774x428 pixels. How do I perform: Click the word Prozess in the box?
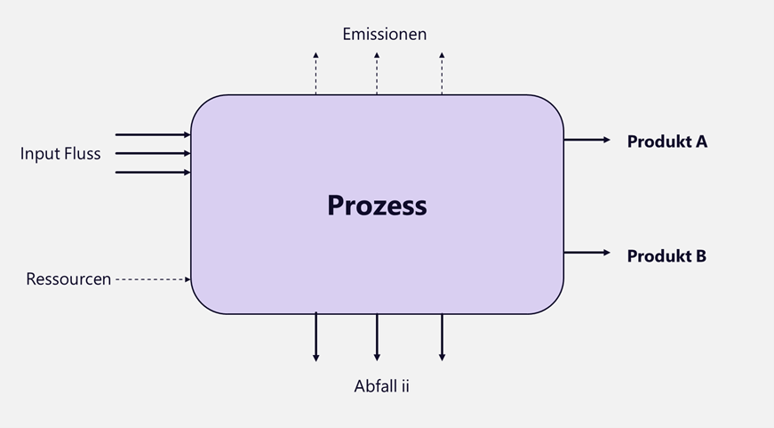point(377,206)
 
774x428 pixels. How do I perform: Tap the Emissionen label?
point(385,34)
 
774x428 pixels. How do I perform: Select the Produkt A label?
point(666,141)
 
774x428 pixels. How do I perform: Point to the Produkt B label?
point(666,256)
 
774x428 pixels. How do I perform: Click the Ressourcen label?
point(68,279)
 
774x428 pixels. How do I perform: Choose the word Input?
point(38,154)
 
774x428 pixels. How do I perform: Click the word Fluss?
point(81,154)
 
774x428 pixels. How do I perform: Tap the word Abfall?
point(374,386)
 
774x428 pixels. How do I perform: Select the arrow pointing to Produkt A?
point(586,140)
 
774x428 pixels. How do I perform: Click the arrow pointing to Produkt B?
point(586,253)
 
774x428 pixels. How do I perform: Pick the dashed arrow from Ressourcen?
point(153,279)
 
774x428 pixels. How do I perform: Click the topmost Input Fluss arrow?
point(153,134)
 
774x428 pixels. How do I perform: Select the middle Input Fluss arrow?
point(153,153)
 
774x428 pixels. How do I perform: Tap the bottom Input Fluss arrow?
point(153,173)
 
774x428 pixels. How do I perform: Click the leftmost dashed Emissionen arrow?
point(316,73)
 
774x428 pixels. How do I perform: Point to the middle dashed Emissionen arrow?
point(377,73)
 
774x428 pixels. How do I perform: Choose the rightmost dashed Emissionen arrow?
point(442,73)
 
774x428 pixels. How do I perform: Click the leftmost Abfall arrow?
point(316,337)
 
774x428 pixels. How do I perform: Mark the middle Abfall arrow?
point(377,337)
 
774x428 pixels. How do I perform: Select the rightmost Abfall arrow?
point(442,337)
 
